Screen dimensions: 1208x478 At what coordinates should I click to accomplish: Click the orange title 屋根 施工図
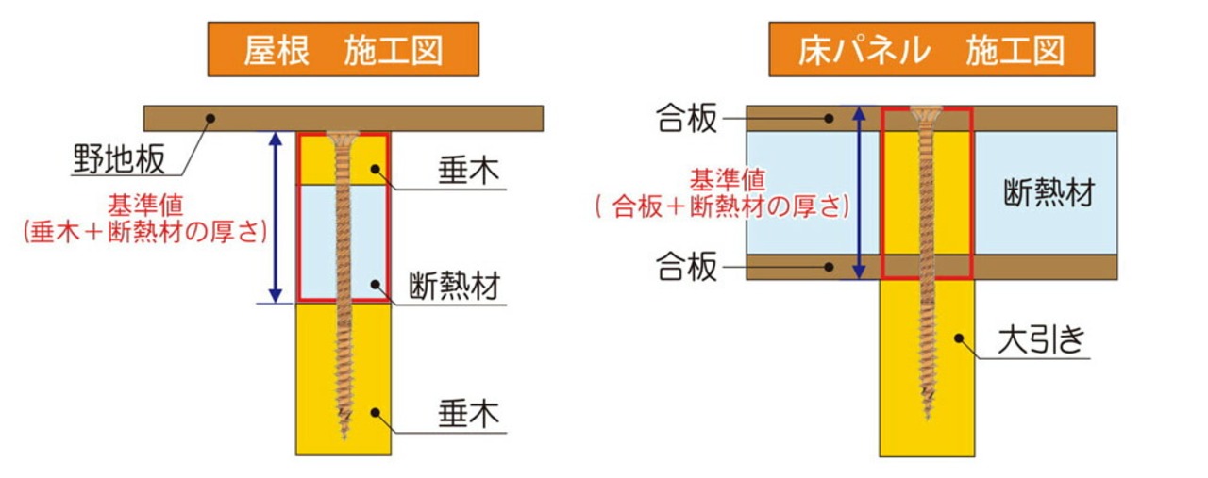(x=343, y=50)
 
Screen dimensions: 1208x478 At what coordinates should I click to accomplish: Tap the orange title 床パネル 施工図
(x=931, y=50)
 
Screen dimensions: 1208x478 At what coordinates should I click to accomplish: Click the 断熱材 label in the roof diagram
(x=454, y=285)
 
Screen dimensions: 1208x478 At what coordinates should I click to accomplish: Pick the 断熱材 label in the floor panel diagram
(x=1049, y=193)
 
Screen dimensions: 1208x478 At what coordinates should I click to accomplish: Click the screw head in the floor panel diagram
(x=926, y=111)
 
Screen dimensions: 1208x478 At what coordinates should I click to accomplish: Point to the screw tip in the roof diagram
(x=343, y=436)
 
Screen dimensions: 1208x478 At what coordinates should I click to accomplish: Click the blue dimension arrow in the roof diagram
(x=275, y=217)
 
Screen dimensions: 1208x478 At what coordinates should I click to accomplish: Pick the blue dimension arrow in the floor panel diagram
(x=858, y=193)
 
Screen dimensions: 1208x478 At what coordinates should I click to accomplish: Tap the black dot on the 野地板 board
(x=211, y=119)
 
